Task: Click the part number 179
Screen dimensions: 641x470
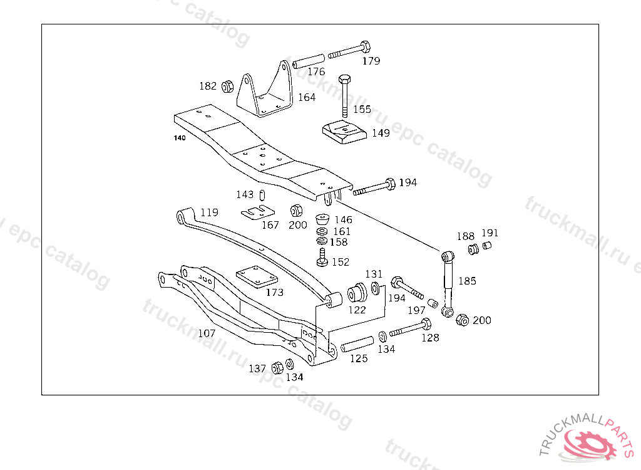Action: (371, 61)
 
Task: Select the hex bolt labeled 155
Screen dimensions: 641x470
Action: (345, 96)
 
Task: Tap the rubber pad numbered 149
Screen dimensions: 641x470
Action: (344, 132)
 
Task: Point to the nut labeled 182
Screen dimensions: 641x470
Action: (227, 86)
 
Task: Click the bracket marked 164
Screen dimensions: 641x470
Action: (265, 90)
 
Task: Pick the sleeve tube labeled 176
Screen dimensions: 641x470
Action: (308, 61)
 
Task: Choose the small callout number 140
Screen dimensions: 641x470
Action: (180, 138)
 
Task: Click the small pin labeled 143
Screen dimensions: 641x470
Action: (262, 196)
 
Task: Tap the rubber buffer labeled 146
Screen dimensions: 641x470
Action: (323, 219)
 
